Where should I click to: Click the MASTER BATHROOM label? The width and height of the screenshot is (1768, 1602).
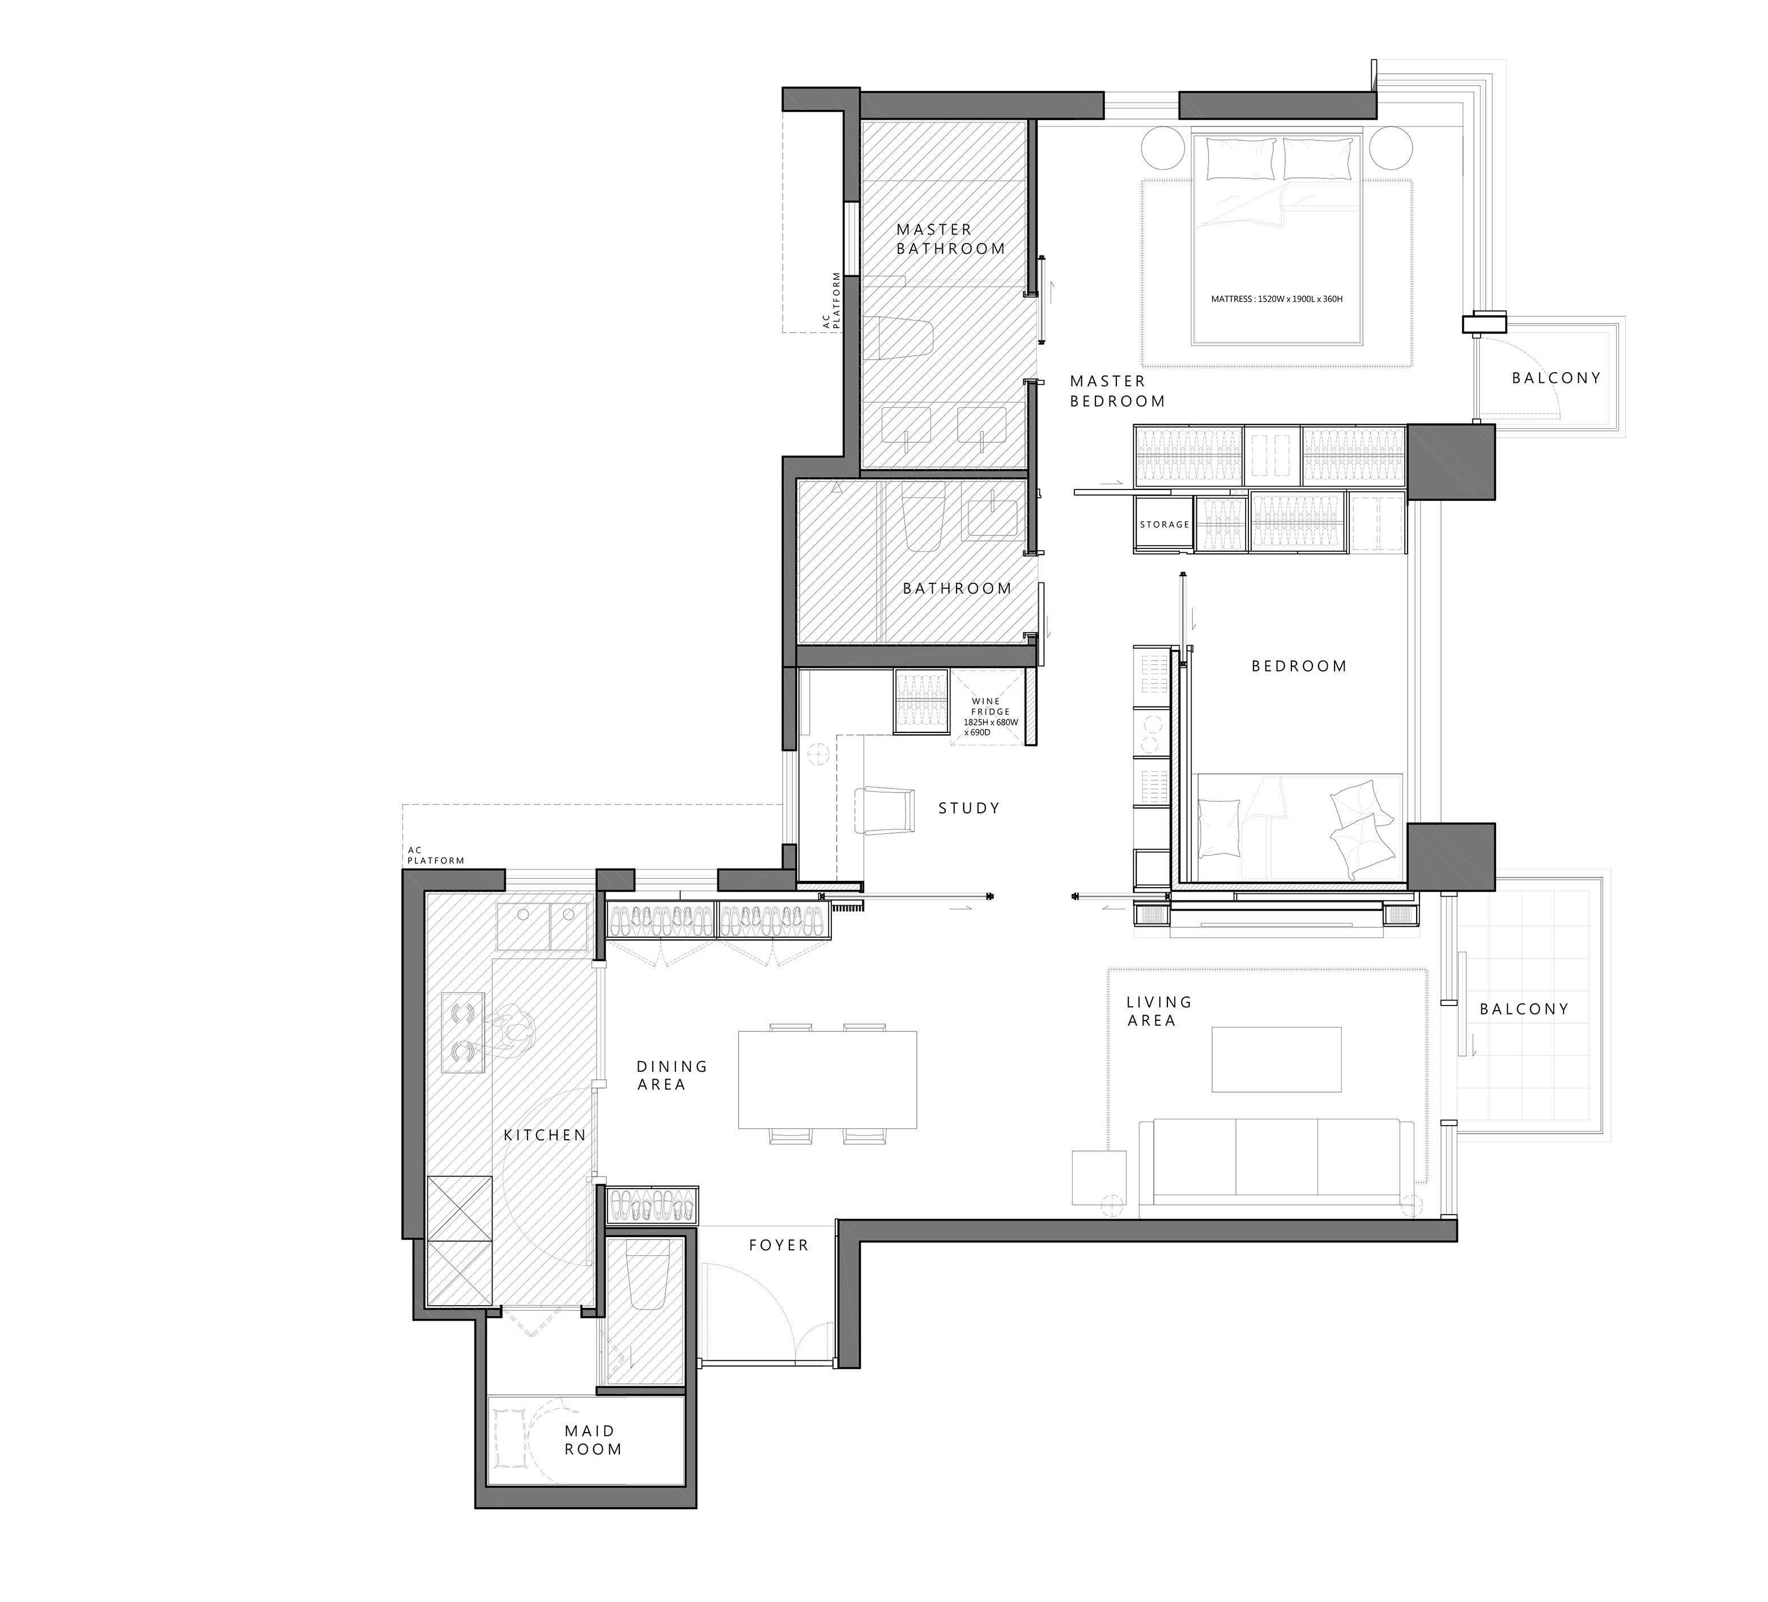951,238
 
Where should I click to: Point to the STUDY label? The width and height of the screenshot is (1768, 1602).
969,808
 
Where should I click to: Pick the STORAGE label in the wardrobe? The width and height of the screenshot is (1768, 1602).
1164,525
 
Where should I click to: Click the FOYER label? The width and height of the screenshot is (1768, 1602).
779,1244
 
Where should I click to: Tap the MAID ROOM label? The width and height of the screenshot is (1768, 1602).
593,1440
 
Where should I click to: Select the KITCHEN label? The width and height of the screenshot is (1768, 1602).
545,1135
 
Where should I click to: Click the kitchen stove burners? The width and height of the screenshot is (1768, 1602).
463,1032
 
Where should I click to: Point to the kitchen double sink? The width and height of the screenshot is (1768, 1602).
542,926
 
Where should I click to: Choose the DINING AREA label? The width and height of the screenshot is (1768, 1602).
671,1075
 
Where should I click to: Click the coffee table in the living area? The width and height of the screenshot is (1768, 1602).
1276,1059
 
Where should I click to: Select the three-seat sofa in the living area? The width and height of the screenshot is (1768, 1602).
1276,1166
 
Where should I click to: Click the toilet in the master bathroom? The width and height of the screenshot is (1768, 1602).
904,338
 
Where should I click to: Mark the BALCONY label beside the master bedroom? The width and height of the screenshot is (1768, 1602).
1555,378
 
